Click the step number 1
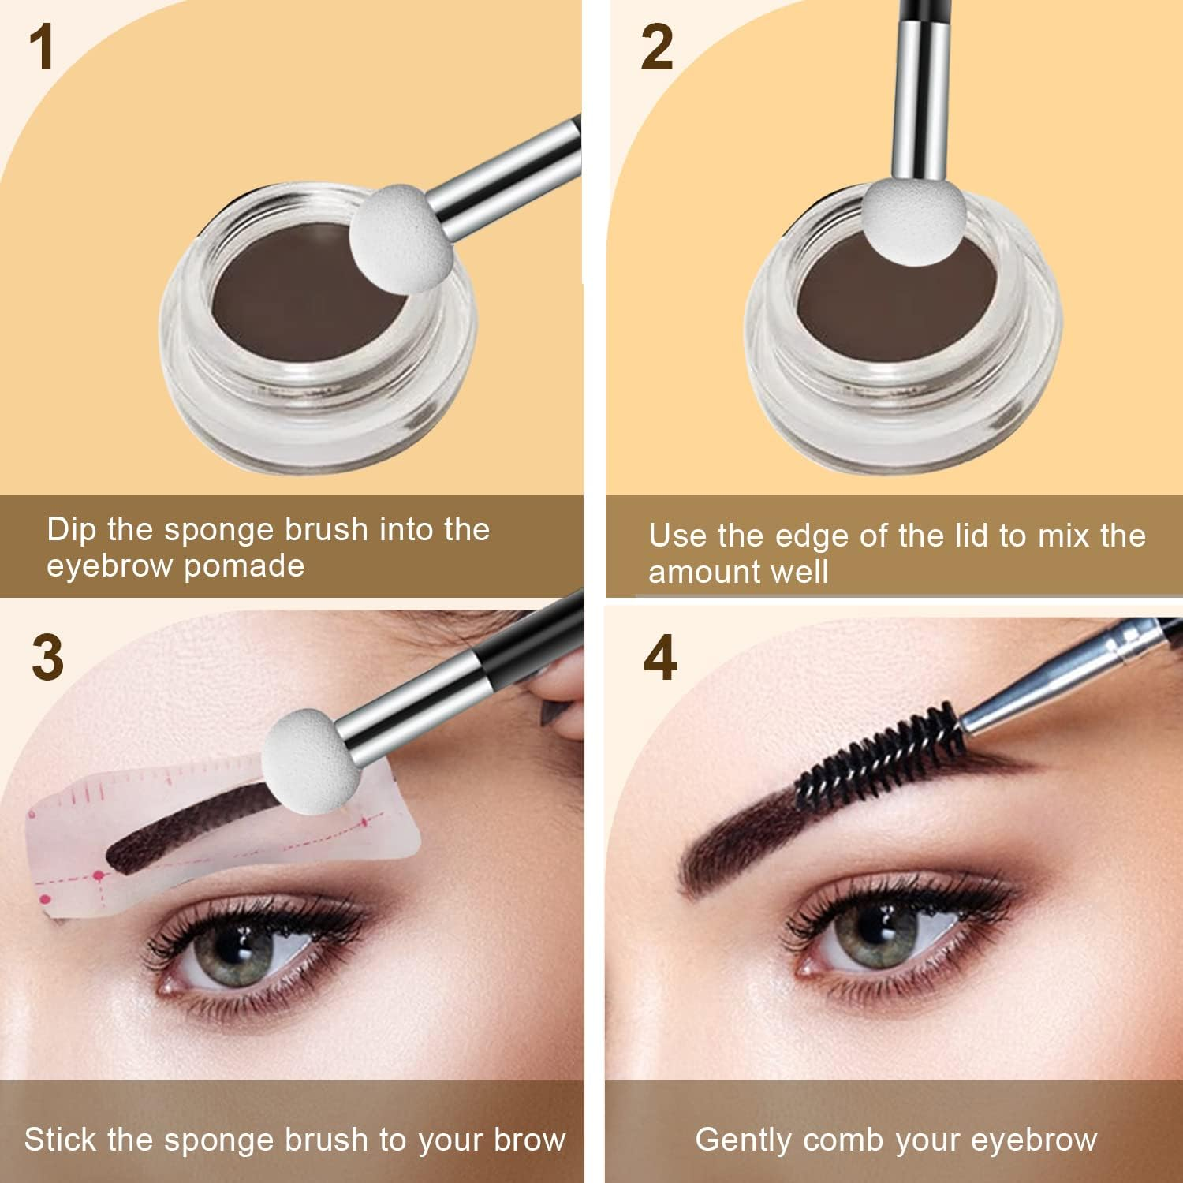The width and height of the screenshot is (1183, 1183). point(42,49)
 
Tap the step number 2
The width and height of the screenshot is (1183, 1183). point(656,49)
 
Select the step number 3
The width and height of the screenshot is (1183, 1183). point(47,659)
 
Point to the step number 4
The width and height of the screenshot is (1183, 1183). point(660,659)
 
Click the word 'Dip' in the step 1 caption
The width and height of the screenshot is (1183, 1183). point(72,529)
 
